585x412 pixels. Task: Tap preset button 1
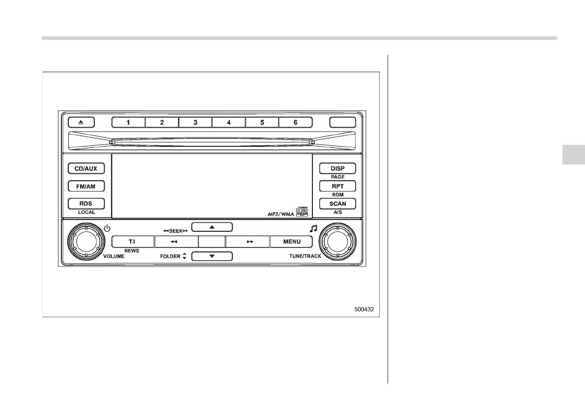click(128, 122)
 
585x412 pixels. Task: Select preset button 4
click(228, 122)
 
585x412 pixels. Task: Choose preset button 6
click(295, 122)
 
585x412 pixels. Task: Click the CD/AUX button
click(85, 168)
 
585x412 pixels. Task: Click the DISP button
click(337, 168)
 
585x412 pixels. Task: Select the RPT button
click(337, 186)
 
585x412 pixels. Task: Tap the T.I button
click(132, 242)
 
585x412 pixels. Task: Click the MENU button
click(292, 242)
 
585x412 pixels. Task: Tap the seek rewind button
click(176, 242)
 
